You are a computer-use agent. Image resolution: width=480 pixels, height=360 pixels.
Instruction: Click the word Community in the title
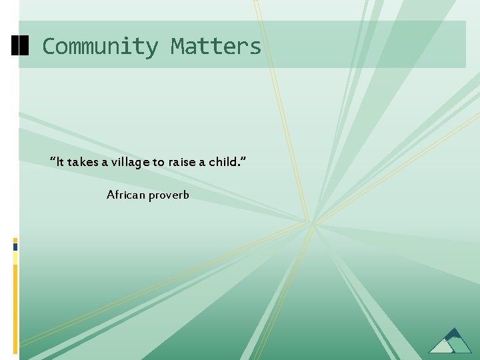click(100, 47)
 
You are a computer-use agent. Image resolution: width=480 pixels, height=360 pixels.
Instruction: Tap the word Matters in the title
click(216, 47)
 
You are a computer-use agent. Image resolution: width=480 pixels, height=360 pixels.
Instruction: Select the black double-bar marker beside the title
click(21, 45)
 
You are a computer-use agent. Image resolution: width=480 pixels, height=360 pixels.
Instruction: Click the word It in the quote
click(60, 162)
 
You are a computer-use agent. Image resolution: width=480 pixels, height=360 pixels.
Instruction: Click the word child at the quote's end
click(222, 162)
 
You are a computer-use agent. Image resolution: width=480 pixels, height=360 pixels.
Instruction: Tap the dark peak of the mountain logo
click(454, 333)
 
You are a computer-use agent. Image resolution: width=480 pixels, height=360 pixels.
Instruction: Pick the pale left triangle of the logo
click(440, 346)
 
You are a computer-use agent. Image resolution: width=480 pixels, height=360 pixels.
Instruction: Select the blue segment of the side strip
click(15, 246)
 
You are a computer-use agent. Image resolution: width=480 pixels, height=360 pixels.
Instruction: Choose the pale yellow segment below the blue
click(15, 258)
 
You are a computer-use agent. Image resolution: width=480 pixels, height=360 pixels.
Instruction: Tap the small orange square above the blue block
click(15, 239)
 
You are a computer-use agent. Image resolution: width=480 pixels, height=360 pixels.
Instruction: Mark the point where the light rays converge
click(311, 223)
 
